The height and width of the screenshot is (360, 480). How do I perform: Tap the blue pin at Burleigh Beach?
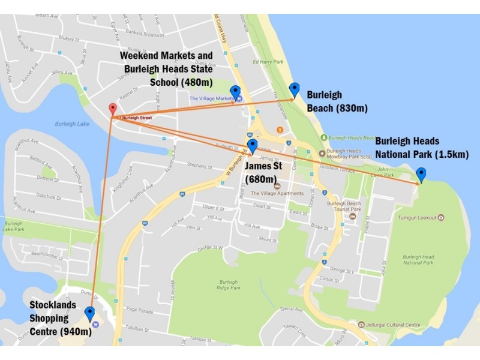coord(294,89)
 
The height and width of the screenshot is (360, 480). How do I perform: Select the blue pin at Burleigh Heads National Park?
coord(421,175)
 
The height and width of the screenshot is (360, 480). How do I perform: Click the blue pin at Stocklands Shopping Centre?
coord(89,313)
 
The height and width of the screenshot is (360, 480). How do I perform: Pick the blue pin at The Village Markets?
coord(235,92)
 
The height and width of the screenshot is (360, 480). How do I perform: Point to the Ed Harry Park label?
coord(267,61)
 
